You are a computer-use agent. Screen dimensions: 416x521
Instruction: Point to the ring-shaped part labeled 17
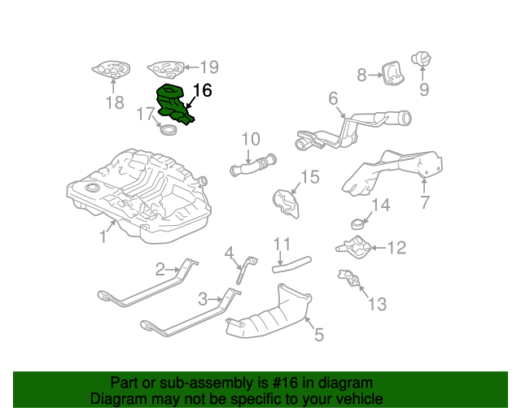click(x=170, y=129)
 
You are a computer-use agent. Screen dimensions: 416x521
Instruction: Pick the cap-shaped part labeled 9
click(x=423, y=59)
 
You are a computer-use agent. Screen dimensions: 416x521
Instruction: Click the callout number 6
click(x=333, y=99)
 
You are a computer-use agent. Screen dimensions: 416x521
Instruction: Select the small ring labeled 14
click(x=358, y=221)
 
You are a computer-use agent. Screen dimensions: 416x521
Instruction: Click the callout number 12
click(x=396, y=247)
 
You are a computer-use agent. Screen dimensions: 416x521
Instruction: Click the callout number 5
click(x=319, y=333)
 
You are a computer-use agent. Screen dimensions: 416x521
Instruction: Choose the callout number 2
click(x=160, y=267)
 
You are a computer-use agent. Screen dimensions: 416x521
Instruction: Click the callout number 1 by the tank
click(x=103, y=236)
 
